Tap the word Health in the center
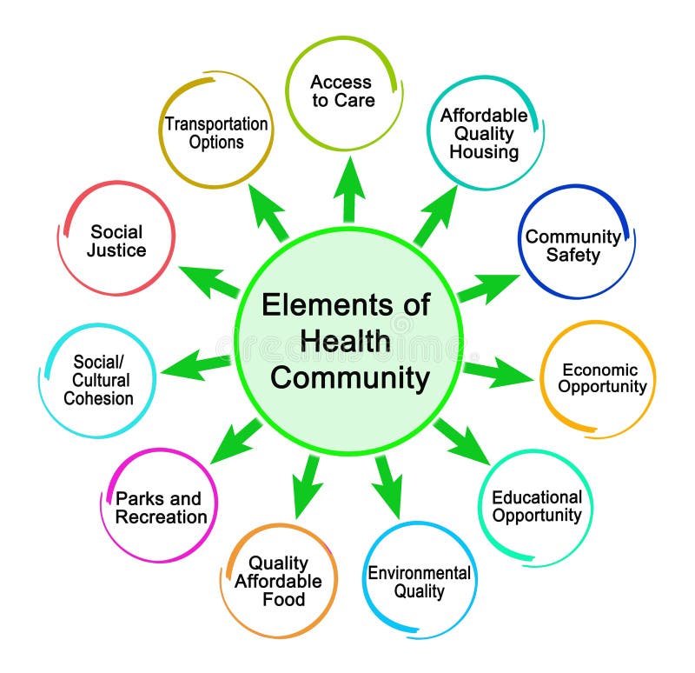click(x=345, y=342)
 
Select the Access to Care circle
click(x=342, y=92)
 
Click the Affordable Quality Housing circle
click(x=484, y=133)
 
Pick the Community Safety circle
click(x=573, y=245)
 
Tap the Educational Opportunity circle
click(x=536, y=507)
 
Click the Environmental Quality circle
click(x=420, y=582)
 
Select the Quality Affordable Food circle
click(x=278, y=581)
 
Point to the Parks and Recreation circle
click(x=162, y=508)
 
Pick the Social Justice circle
click(x=116, y=241)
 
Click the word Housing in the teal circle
click(x=484, y=152)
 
